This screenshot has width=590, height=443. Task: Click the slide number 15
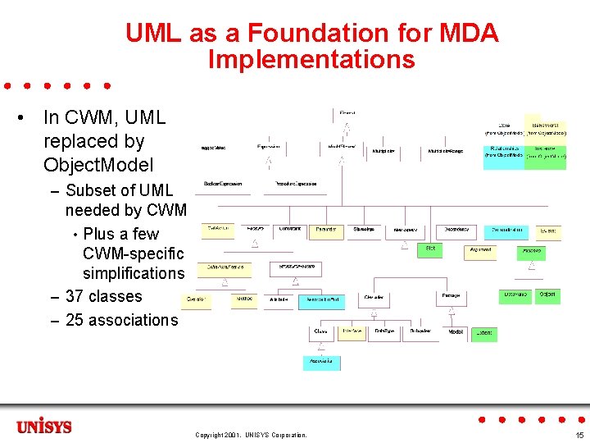579,435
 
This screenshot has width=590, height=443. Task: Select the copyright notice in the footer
251,435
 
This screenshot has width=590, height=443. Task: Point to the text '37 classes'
103,296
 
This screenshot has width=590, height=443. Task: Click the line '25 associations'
121,320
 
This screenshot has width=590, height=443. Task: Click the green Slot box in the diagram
431,249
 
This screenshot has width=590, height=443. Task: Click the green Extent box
484,333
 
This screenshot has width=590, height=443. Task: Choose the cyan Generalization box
506,231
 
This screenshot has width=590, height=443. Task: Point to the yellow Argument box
479,249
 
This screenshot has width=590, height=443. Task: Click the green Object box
548,295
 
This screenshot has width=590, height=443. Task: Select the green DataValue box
515,295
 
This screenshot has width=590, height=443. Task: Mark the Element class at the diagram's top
347,112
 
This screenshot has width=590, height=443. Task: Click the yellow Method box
243,301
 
